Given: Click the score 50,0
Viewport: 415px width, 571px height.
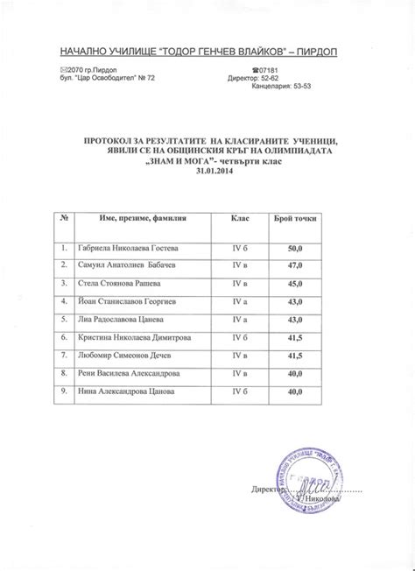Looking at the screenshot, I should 296,249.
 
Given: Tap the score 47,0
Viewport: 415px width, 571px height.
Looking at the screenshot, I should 296,266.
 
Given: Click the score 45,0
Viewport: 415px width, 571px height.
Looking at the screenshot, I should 296,285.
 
